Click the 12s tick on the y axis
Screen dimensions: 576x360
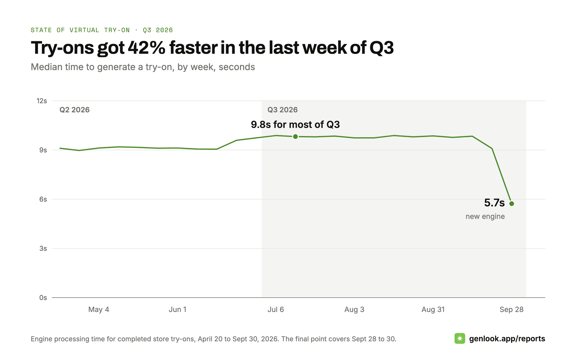(x=42, y=101)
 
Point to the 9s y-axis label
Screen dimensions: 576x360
(x=43, y=150)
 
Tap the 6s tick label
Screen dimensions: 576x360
(x=43, y=199)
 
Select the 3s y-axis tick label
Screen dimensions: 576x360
(x=43, y=248)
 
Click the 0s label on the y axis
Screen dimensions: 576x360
(x=43, y=298)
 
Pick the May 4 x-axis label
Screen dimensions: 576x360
(x=99, y=310)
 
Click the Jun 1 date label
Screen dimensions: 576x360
(x=178, y=310)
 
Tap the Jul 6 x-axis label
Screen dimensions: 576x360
(x=276, y=310)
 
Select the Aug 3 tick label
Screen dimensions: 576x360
(x=354, y=310)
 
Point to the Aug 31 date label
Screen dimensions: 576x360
(x=433, y=310)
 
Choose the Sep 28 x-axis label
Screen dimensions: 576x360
(x=511, y=310)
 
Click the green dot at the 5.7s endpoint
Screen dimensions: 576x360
(x=512, y=204)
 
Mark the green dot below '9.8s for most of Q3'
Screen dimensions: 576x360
(x=295, y=137)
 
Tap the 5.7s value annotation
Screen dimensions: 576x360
(x=494, y=203)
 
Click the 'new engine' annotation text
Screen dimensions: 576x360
(x=485, y=217)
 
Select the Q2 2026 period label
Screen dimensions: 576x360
(x=74, y=110)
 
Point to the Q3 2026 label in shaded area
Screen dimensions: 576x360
(x=283, y=110)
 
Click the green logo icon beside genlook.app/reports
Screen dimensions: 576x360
(x=460, y=339)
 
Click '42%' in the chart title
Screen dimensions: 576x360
(x=146, y=48)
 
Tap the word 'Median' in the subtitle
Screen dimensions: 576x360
(x=46, y=67)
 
